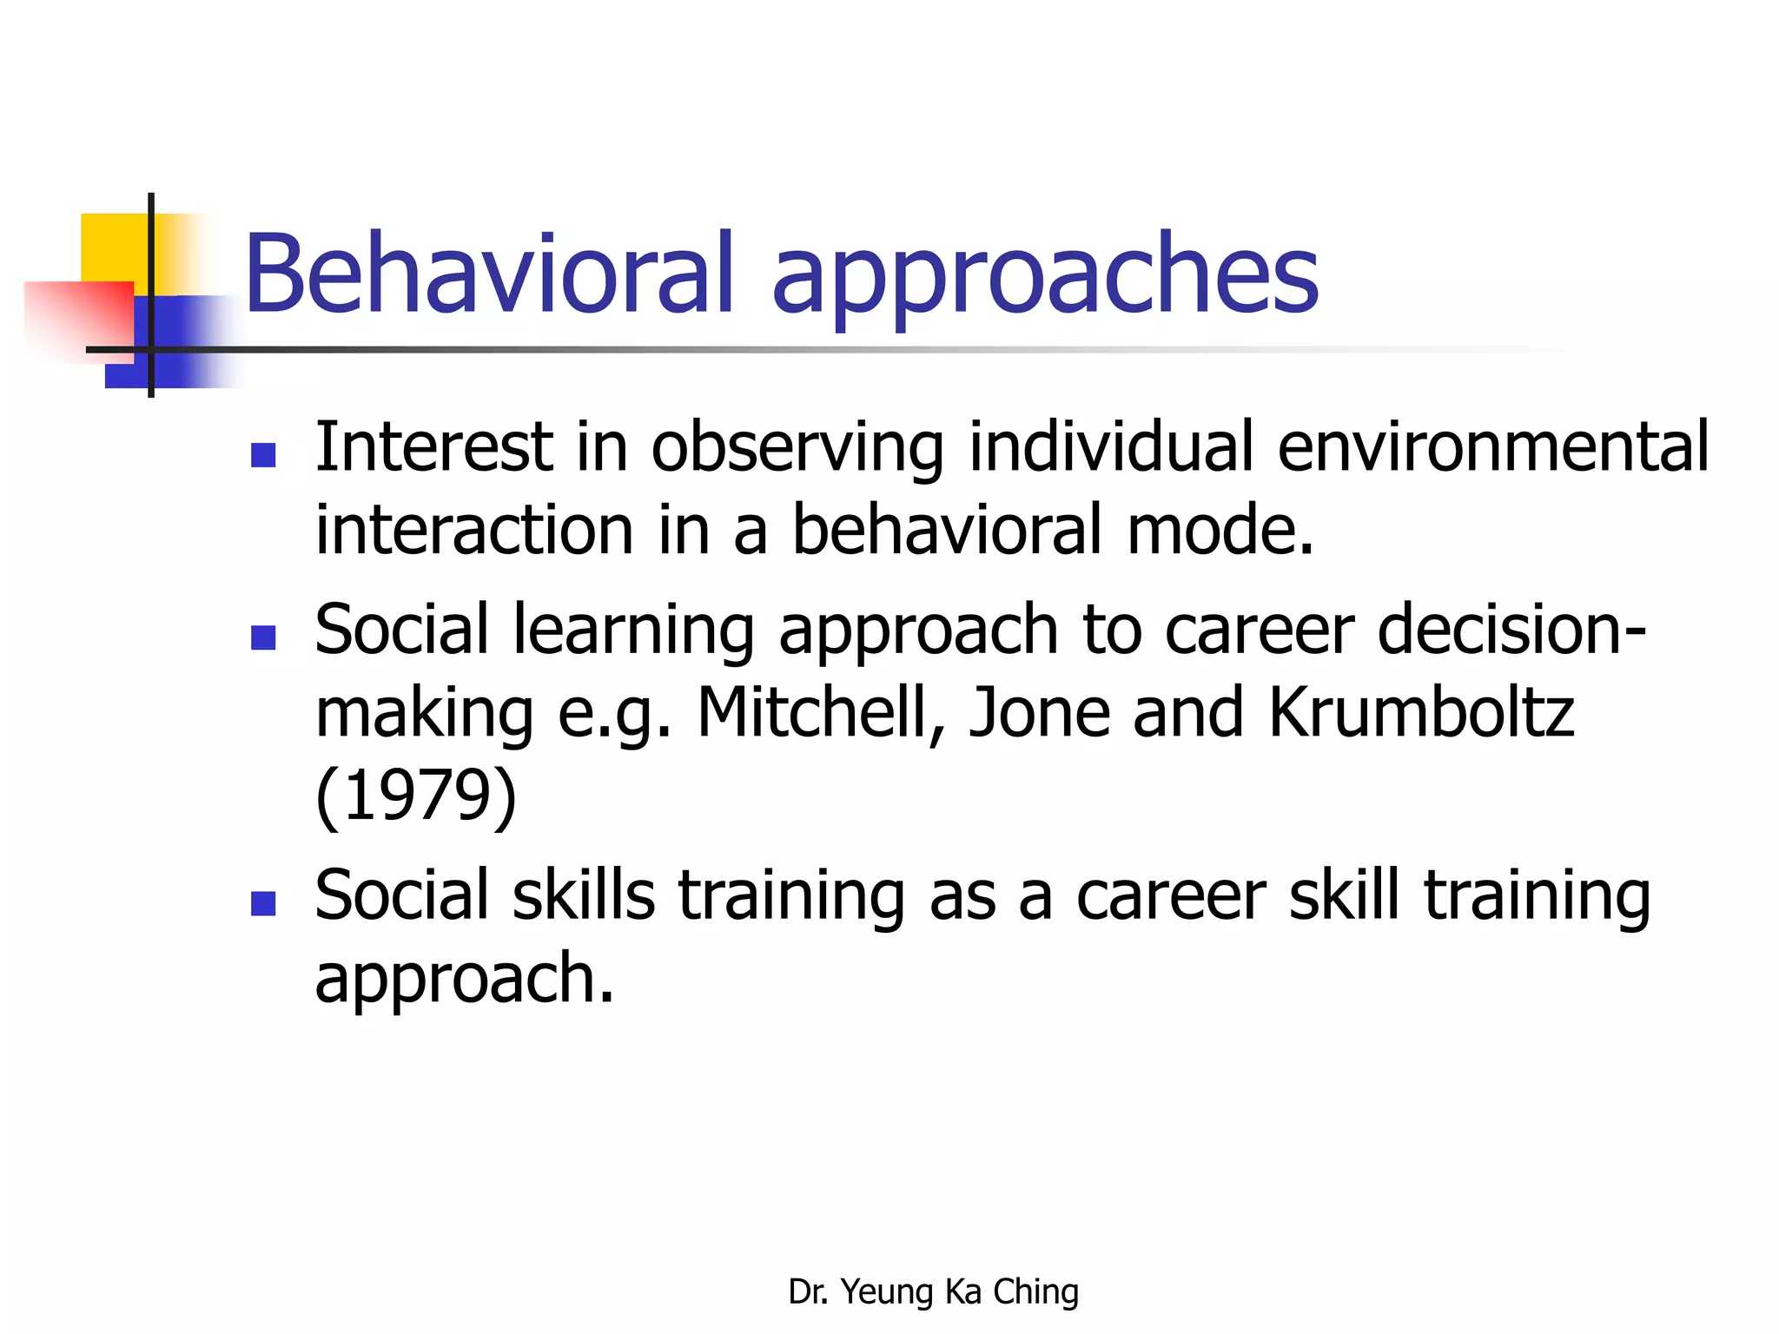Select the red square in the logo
[x=78, y=317]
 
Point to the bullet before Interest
[x=262, y=455]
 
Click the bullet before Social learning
[x=262, y=638]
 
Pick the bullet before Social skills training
[x=262, y=904]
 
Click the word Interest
[x=433, y=447]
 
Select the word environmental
[x=1492, y=447]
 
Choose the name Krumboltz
[x=1420, y=713]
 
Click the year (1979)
[x=415, y=796]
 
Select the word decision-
[x=1511, y=630]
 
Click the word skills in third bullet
[x=583, y=895]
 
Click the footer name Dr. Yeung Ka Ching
[x=933, y=1292]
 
